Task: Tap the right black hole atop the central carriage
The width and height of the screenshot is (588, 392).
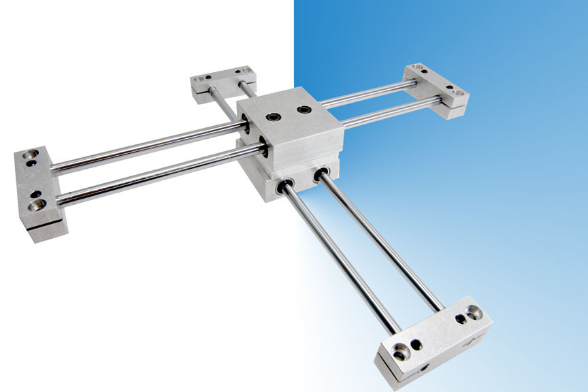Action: click(x=304, y=110)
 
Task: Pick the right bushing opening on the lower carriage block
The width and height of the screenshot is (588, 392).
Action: click(x=319, y=176)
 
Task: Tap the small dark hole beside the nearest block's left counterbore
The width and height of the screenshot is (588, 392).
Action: click(x=416, y=344)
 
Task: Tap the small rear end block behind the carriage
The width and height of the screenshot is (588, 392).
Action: click(x=223, y=80)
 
